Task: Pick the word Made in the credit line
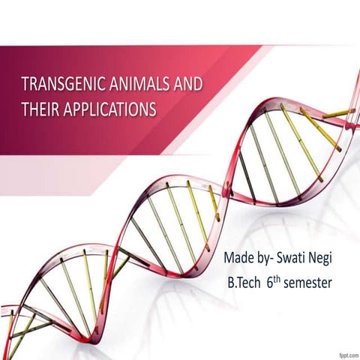point(239,259)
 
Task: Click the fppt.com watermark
point(343,352)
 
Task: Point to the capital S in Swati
point(280,259)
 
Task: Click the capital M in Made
point(229,259)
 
